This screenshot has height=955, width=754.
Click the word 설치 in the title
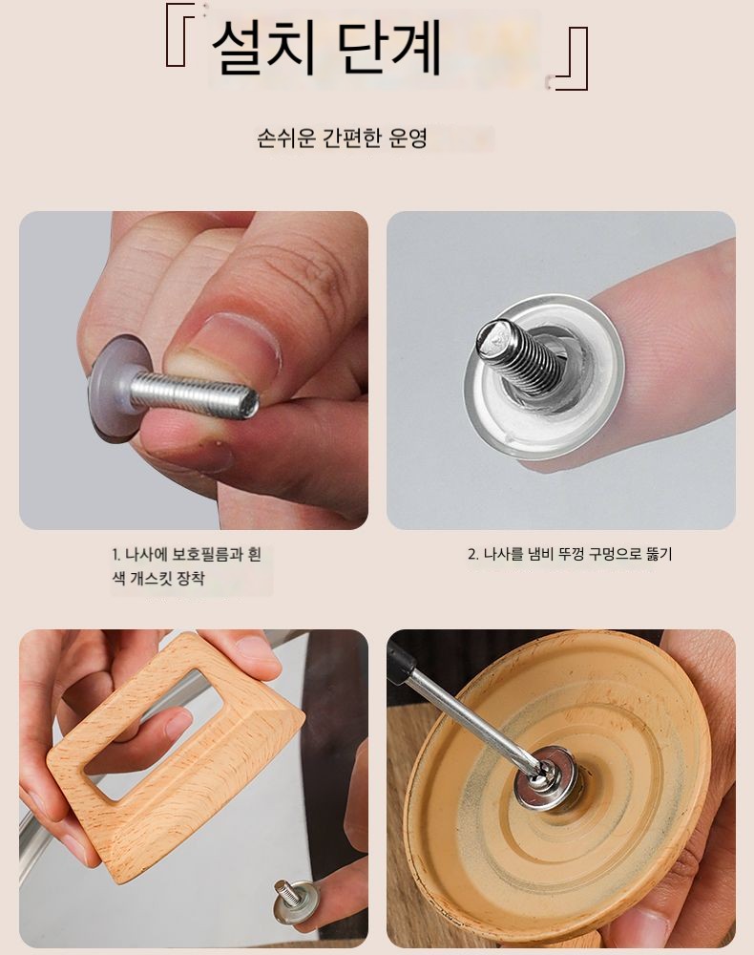[x=262, y=49]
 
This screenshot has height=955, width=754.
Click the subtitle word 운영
[x=408, y=138]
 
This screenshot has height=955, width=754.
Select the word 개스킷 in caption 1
[x=150, y=578]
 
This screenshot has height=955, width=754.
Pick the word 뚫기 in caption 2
[x=660, y=554]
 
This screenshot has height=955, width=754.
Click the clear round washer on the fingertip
[x=545, y=375]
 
